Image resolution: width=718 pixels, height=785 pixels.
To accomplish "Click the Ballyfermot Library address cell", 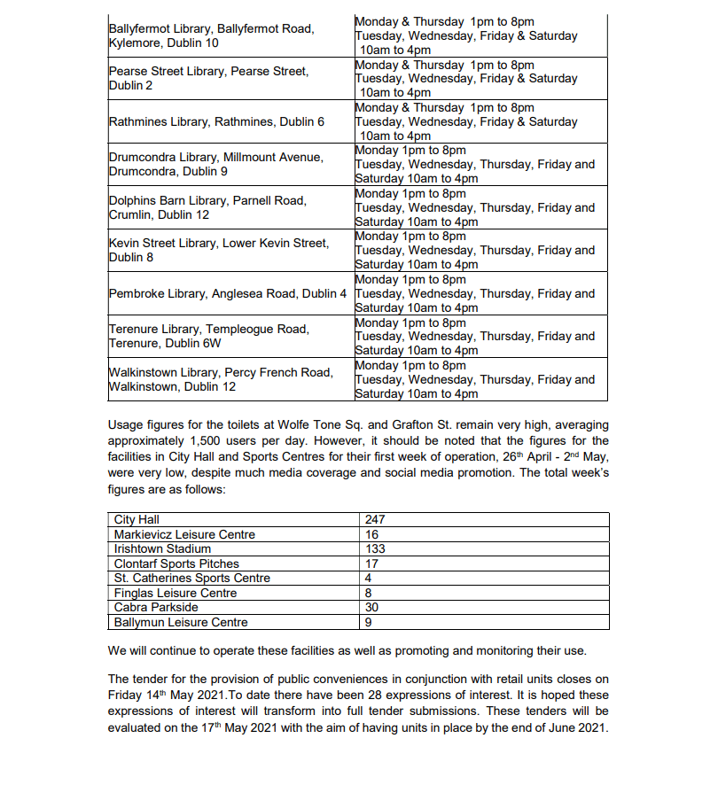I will point(211,35).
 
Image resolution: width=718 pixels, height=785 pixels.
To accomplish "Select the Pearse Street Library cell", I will point(208,78).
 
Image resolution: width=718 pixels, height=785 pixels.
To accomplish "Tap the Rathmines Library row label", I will point(216,121).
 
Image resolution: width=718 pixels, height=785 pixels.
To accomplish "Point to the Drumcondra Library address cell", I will point(215,164).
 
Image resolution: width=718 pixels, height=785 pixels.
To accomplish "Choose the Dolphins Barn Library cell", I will point(207,207).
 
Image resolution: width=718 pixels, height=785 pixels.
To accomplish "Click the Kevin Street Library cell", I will point(218,250).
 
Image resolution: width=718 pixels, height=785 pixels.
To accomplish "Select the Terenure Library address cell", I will point(209,336).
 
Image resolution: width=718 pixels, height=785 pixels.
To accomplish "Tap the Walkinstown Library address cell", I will point(221,379).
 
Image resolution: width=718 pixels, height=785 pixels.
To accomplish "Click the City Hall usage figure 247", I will point(375,520).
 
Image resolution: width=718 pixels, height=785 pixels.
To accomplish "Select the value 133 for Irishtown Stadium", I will point(375,549).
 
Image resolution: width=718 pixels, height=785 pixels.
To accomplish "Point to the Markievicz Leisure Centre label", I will point(184,534).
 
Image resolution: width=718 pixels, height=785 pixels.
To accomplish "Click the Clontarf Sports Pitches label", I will point(176,563).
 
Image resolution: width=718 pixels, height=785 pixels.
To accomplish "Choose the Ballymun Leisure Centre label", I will point(181,622).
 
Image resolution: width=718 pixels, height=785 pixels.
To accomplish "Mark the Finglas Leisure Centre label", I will point(176,593).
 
